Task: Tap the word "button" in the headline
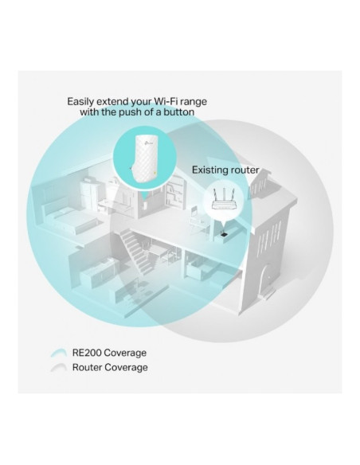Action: click(179, 111)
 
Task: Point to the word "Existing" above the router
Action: click(209, 170)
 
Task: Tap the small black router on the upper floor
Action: click(224, 235)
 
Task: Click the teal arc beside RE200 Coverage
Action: click(59, 352)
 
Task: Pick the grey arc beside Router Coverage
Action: click(59, 367)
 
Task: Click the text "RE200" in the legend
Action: click(87, 353)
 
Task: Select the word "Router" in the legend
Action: click(87, 367)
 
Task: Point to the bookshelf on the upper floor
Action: click(175, 193)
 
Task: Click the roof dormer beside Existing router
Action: click(259, 183)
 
